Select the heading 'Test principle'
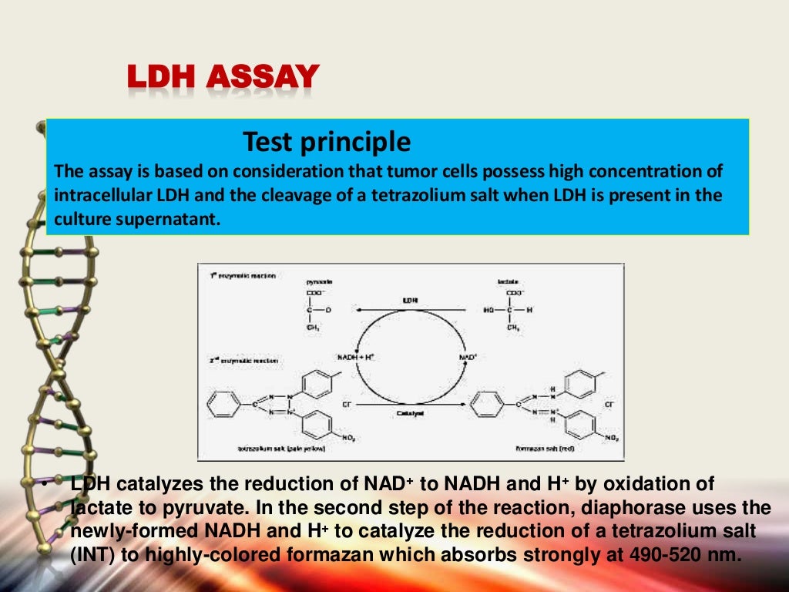coord(327,142)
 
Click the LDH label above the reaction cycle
coord(410,299)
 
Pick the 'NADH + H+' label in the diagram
coord(355,358)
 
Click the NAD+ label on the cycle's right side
coord(468,358)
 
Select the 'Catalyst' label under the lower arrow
coord(410,414)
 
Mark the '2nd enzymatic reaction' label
coord(242,360)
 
